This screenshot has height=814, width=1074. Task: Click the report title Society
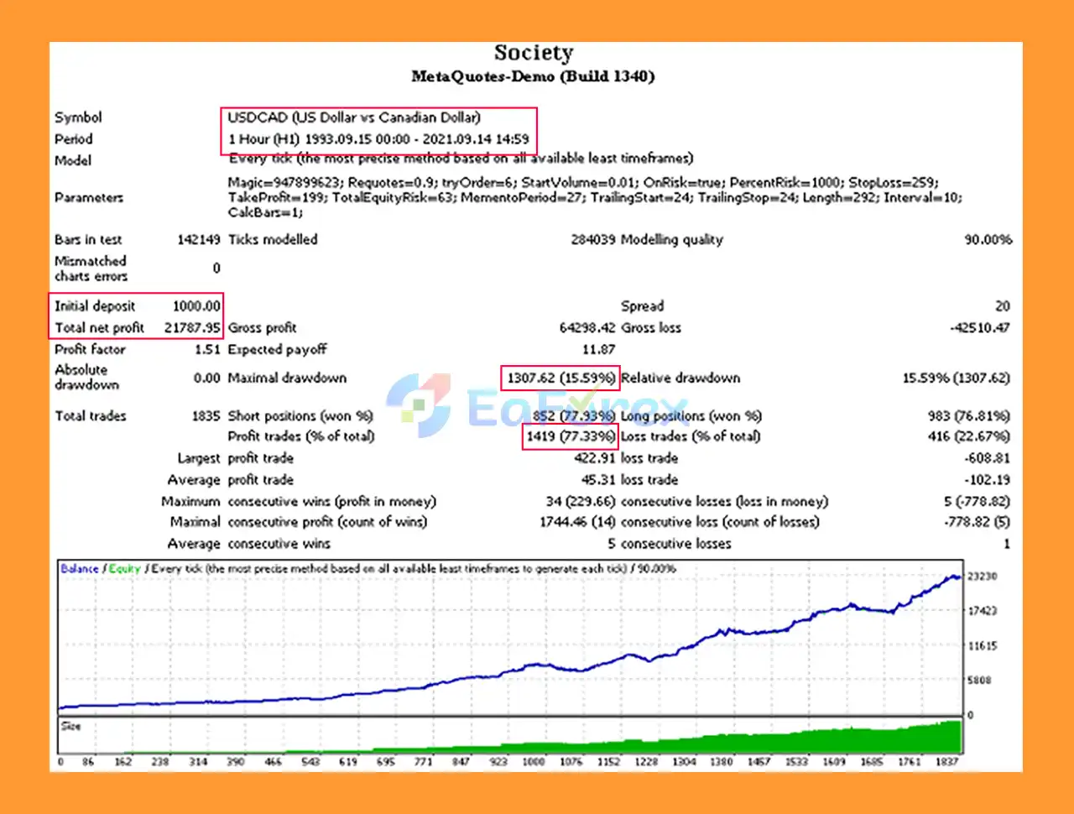click(534, 53)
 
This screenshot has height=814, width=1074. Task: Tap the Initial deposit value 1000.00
click(196, 306)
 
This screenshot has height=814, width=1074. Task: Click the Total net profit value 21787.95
click(192, 328)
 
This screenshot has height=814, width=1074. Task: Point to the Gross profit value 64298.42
click(587, 328)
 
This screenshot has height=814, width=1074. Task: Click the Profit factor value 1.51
click(206, 350)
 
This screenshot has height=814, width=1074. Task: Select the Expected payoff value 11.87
click(598, 350)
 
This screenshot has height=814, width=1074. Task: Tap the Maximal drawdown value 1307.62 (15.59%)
click(560, 378)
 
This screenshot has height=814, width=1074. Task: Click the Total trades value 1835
click(206, 416)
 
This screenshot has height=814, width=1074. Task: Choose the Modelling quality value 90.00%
click(988, 240)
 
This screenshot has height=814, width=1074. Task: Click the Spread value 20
click(1002, 306)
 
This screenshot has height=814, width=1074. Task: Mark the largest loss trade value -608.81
click(987, 458)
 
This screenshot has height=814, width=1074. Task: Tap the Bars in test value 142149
click(198, 240)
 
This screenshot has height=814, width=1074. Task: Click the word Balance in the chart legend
click(79, 569)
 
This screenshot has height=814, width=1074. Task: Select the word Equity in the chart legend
click(124, 569)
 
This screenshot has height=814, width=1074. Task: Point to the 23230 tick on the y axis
click(982, 577)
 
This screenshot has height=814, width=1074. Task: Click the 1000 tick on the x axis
click(534, 762)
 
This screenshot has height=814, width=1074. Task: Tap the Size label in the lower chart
click(71, 726)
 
